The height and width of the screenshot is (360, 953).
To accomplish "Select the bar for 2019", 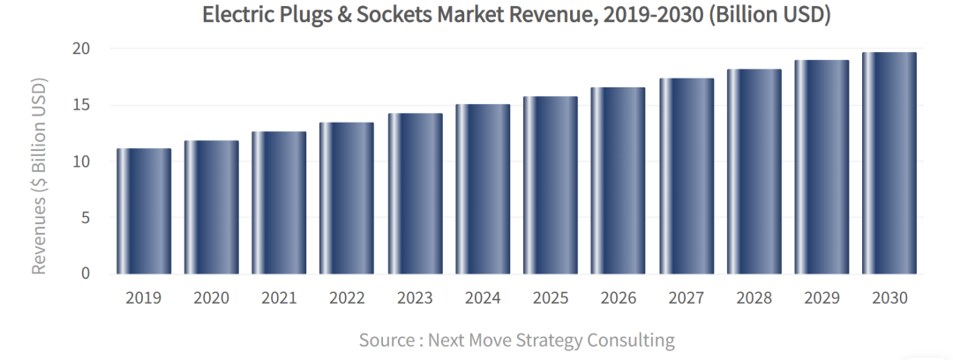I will (x=144, y=211).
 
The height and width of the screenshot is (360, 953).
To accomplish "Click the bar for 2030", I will (x=889, y=163).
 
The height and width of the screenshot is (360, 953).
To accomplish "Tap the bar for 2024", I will (x=483, y=189).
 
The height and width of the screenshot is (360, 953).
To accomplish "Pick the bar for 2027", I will (x=687, y=176).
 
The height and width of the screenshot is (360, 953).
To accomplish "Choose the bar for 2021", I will (x=279, y=203).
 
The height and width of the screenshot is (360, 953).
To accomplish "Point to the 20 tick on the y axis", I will (x=82, y=49).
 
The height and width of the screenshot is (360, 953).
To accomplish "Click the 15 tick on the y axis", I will (x=82, y=105).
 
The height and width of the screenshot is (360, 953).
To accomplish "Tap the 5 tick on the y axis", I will (x=86, y=217).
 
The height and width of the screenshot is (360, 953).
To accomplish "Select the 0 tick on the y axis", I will (x=86, y=274).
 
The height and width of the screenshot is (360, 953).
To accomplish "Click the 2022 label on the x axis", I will (x=347, y=298).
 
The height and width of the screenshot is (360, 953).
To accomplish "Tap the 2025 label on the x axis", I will (x=551, y=298).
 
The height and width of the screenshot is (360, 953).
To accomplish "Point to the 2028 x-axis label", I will (x=754, y=298).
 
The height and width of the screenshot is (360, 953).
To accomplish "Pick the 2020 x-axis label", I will (x=211, y=298).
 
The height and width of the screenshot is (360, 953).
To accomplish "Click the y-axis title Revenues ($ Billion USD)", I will (x=39, y=176).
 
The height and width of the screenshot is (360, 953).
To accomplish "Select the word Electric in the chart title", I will (x=236, y=15).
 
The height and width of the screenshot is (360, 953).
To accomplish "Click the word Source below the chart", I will (x=386, y=340).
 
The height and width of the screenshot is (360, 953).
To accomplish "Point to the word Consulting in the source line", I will (x=634, y=340).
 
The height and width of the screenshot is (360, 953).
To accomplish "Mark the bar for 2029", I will (x=822, y=167).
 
